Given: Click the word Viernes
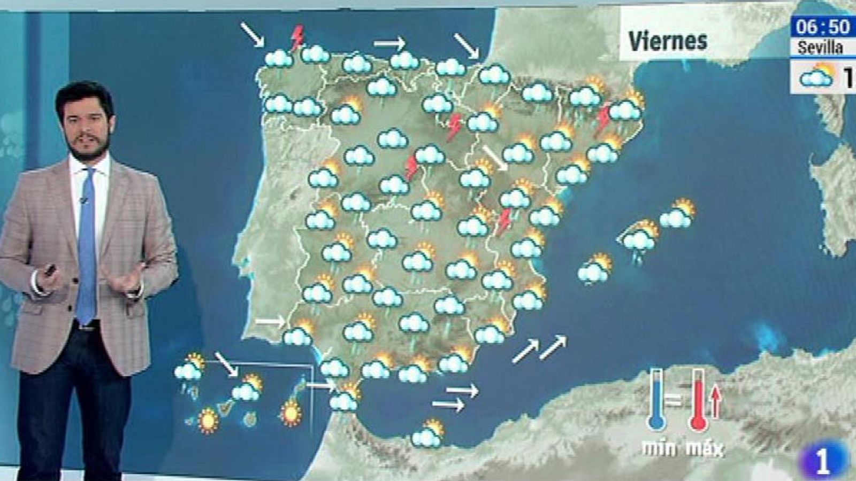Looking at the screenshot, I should (667, 41).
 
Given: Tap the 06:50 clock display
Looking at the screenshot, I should (822, 27).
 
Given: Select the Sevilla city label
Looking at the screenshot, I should (820, 48).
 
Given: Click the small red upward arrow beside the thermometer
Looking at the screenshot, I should (715, 402).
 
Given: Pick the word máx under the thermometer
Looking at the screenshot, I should (704, 447).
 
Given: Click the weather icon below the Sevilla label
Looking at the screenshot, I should (817, 76).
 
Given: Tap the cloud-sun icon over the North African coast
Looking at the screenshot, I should (427, 434).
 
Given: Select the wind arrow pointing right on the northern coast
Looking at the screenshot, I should (389, 43).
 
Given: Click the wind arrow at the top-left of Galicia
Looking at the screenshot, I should (252, 34).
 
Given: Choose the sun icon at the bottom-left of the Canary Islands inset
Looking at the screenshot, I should (208, 421).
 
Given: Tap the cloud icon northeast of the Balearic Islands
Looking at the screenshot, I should (677, 214).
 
